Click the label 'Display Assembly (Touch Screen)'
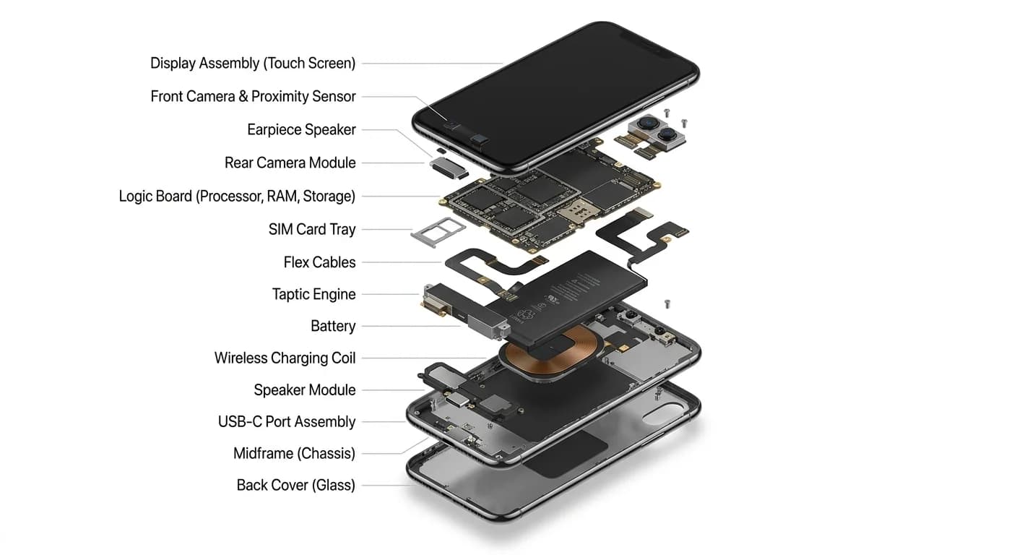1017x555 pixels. [x=253, y=64]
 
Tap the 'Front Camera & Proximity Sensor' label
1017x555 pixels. [x=253, y=97]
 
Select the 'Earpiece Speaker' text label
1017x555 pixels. [x=301, y=130]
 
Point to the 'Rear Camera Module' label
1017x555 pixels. [x=290, y=163]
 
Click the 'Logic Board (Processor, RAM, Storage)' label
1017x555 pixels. [x=237, y=197]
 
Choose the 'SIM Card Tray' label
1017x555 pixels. [x=312, y=230]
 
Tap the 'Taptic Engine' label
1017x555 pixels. [x=313, y=295]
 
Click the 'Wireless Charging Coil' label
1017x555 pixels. [x=285, y=358]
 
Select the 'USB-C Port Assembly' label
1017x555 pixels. [x=287, y=422]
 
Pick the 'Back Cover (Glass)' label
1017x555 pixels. [x=295, y=486]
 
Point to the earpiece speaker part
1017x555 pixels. [x=449, y=167]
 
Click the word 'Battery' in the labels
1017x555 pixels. [x=333, y=327]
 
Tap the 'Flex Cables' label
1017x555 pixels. [x=319, y=262]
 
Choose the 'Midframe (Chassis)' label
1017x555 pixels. [x=294, y=454]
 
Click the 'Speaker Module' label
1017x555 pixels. [x=304, y=390]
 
